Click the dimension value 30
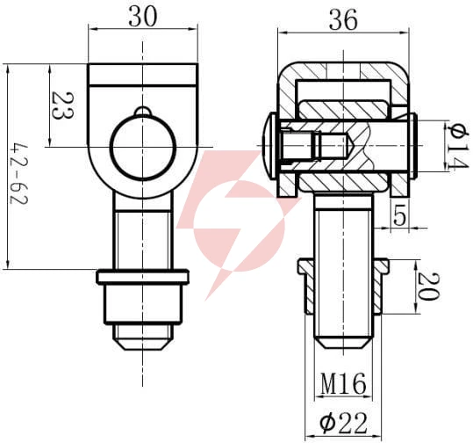143,17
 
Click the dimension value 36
343,20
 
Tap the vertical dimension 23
63,105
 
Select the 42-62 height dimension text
18,174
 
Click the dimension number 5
399,215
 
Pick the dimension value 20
428,287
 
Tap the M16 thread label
343,383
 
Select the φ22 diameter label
343,423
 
